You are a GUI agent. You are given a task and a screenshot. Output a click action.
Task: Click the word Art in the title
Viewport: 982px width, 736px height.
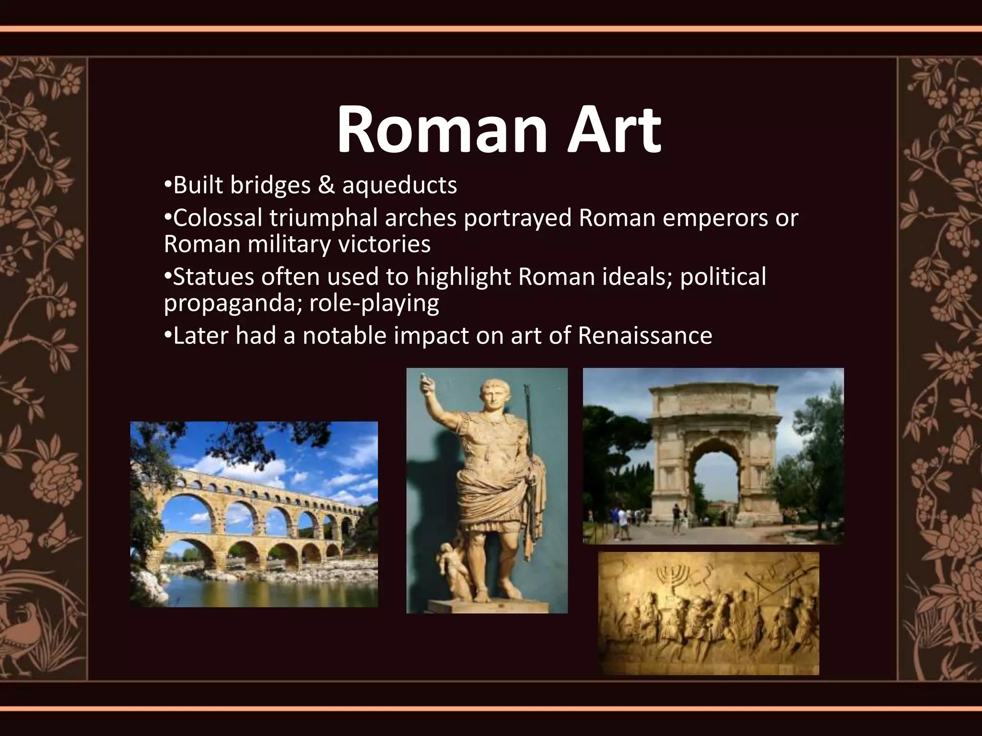click(614, 130)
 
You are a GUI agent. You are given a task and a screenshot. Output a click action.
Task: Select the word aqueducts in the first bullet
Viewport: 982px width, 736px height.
click(399, 185)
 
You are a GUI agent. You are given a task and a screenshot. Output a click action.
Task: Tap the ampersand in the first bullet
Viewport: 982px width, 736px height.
click(326, 185)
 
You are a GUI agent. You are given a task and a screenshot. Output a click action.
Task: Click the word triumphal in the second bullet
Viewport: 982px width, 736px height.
click(324, 218)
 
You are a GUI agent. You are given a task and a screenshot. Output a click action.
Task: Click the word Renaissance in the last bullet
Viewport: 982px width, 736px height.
click(645, 336)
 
